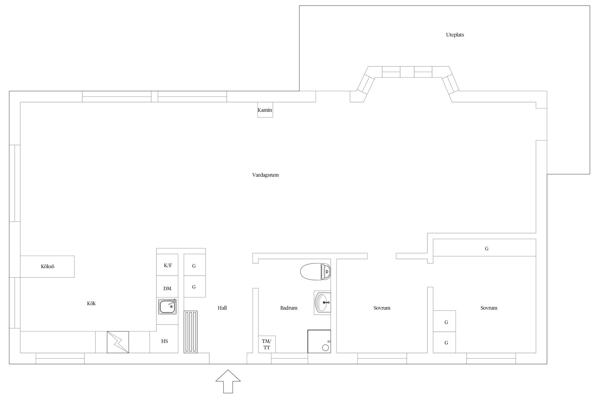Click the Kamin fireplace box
click(x=265, y=110)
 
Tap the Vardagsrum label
click(x=265, y=175)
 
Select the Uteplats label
click(x=455, y=35)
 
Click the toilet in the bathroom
click(x=315, y=272)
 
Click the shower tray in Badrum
click(x=319, y=341)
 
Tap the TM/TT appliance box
click(x=267, y=344)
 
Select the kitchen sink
click(x=168, y=306)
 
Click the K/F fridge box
click(x=168, y=265)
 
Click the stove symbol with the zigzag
click(x=118, y=342)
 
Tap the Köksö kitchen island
click(x=47, y=267)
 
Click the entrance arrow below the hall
click(x=228, y=381)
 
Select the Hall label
click(x=222, y=308)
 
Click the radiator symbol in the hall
click(x=191, y=332)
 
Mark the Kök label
click(x=91, y=303)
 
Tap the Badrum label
click(x=289, y=308)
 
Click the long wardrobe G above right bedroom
click(x=485, y=248)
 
